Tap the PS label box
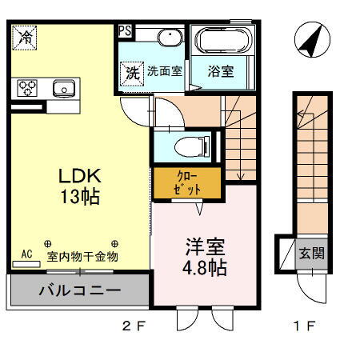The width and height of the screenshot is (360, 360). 125,31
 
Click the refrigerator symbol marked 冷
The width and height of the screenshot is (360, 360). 26,37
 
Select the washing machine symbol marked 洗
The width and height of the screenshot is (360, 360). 131,71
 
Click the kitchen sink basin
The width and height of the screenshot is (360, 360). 62,87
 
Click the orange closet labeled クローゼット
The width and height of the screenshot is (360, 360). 178,182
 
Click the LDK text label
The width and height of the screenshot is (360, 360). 78,175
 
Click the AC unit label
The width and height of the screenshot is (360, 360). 26,254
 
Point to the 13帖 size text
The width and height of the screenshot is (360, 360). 79,196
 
